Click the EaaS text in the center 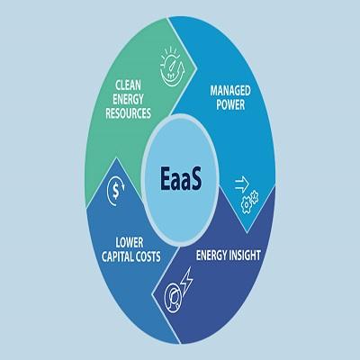181,179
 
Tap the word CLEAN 128,85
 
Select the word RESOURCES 128,113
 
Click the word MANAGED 230,91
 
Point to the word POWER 230,104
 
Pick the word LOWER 130,242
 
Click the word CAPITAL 118,256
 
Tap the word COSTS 148,256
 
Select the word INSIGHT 244,256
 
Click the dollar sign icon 116,191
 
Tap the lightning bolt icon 186,280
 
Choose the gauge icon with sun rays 171,67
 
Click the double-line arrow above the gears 242,184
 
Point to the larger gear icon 247,204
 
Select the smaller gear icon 255,195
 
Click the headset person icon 174,297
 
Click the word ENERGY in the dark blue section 211,256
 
